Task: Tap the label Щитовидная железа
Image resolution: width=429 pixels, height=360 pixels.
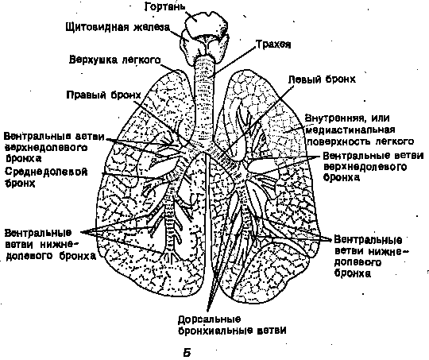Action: coord(118,27)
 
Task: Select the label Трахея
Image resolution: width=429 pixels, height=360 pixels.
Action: coord(273,45)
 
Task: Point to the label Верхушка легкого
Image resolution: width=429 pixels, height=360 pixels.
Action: coord(114,60)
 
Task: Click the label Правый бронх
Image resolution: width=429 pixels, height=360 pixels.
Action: coord(104,95)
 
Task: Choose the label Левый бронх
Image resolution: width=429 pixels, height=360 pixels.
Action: coord(323,79)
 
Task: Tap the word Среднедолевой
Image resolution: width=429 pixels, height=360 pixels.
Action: coord(46,172)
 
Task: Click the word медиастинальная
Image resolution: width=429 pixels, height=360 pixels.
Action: coord(350,130)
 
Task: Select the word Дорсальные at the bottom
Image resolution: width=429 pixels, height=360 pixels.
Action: coord(209,319)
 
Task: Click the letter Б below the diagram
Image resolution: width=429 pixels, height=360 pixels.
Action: coord(187,353)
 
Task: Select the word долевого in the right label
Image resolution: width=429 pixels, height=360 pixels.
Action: coord(357,262)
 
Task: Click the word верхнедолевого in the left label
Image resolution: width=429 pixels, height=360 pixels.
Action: coord(46,148)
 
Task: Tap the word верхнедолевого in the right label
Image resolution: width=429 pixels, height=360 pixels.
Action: coord(365,167)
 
